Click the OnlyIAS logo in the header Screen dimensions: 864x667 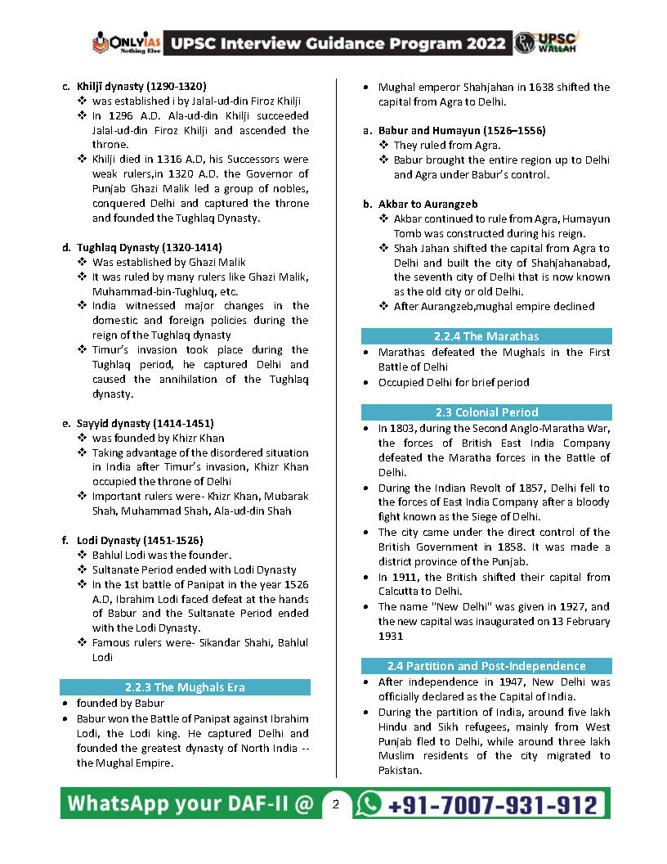[126, 42]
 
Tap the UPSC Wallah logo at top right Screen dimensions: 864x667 [547, 43]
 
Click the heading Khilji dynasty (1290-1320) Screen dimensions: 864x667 [141, 86]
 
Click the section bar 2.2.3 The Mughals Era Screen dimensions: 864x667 [185, 687]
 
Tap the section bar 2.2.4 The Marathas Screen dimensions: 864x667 [486, 336]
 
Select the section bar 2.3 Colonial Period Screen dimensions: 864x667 [486, 412]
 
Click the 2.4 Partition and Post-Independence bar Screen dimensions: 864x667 [486, 666]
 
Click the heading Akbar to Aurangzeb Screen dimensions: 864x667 [428, 204]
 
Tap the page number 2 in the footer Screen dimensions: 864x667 [335, 804]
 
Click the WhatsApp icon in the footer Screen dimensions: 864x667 [370, 803]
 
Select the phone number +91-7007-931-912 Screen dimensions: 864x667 [492, 804]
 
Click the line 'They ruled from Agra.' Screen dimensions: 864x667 [447, 145]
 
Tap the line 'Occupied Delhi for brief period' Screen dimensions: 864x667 [454, 382]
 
